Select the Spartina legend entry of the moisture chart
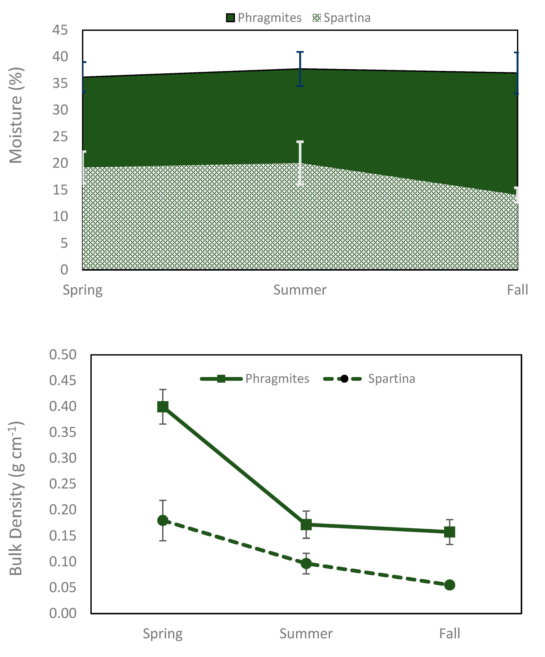pos(342,18)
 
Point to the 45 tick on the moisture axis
pos(60,30)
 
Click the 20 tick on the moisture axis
pos(60,163)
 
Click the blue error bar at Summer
pos(300,69)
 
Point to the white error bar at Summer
pos(300,163)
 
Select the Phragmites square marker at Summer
pos(306,524)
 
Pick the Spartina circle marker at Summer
pos(306,563)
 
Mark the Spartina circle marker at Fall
pos(449,585)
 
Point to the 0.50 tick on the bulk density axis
pos(63,355)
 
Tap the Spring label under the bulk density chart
pos(162,634)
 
